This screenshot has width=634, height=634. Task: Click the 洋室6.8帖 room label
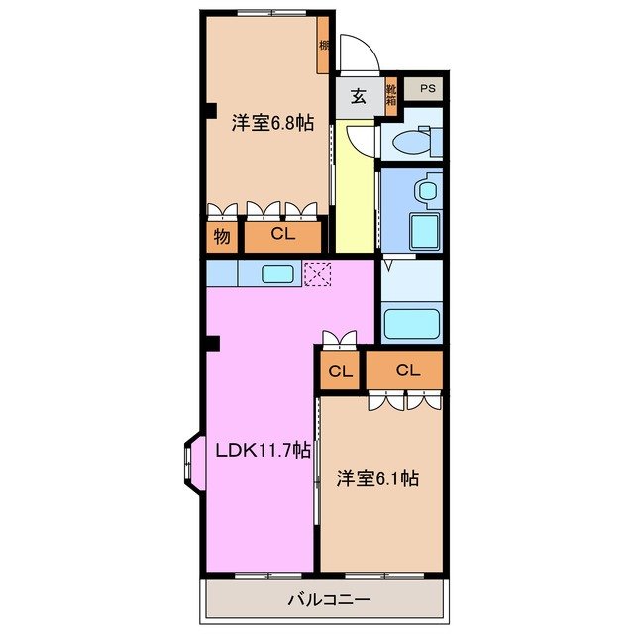[273, 124]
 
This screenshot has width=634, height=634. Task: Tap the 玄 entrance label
[358, 97]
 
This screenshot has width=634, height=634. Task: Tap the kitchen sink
[276, 273]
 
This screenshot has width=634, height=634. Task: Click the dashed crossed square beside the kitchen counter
[318, 272]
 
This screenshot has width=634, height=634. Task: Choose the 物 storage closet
[222, 236]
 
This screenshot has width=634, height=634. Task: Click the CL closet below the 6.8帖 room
[283, 236]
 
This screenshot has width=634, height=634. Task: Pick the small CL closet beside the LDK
[340, 371]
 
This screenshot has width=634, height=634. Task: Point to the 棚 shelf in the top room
[324, 45]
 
